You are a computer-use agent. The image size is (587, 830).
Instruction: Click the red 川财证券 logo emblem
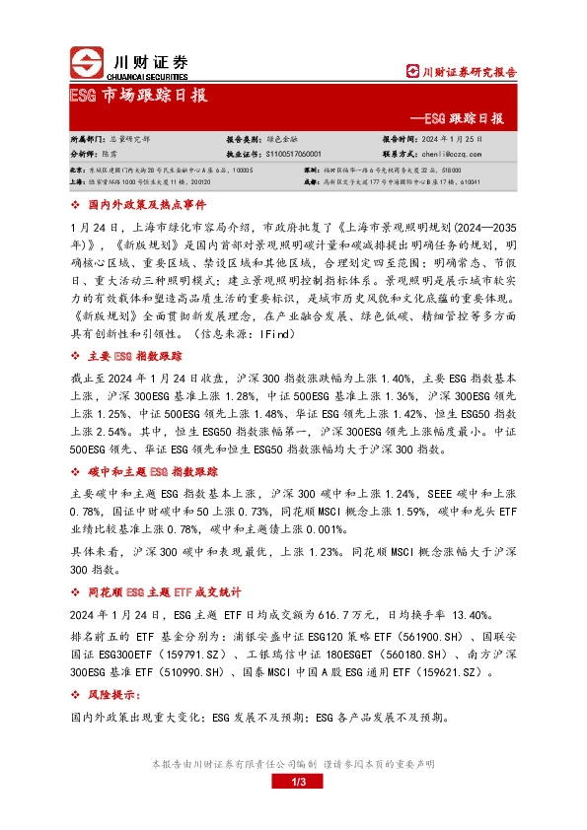coord(86,62)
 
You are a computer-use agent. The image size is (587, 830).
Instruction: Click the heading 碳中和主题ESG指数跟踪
coord(147,473)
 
